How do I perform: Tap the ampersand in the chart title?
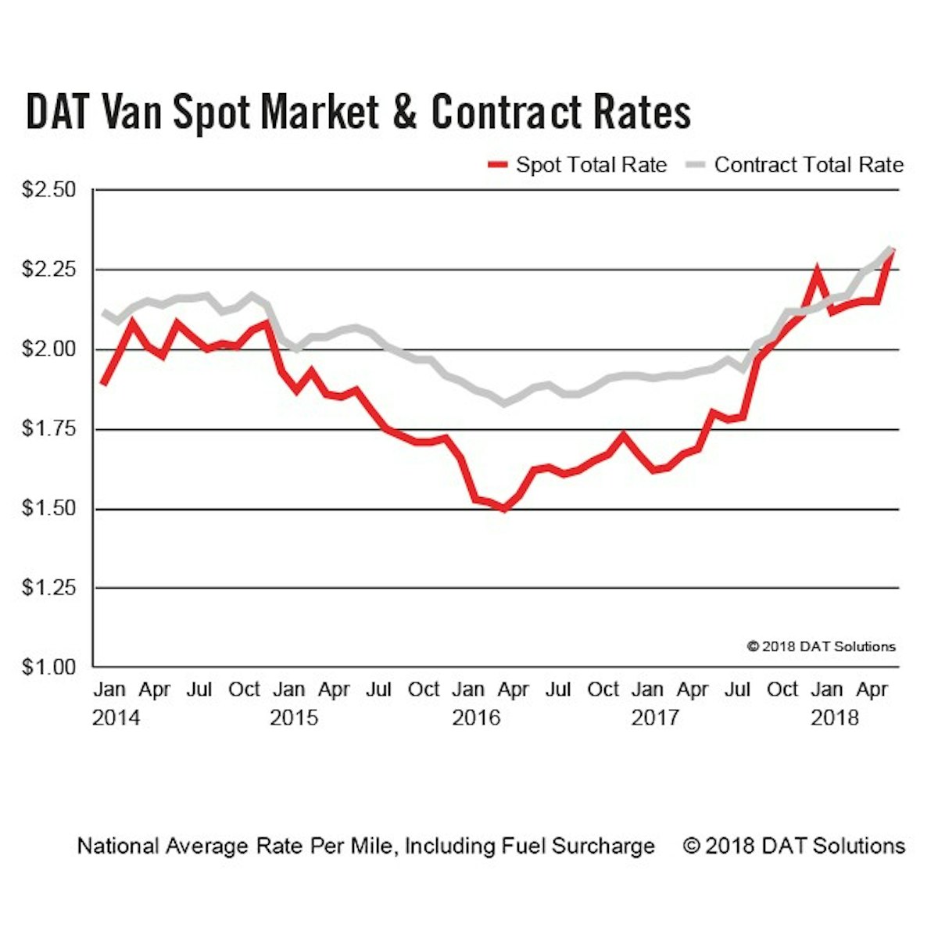pyautogui.click(x=404, y=112)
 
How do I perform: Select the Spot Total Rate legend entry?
pyautogui.click(x=578, y=165)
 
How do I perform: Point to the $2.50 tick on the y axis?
pyautogui.click(x=48, y=190)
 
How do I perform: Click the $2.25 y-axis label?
pyautogui.click(x=48, y=270)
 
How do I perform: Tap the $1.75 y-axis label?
pyautogui.click(x=48, y=429)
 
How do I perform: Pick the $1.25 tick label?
pyautogui.click(x=48, y=588)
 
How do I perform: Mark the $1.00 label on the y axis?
pyautogui.click(x=48, y=668)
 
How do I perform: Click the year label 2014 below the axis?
pyautogui.click(x=116, y=718)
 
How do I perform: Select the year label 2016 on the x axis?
pyautogui.click(x=475, y=718)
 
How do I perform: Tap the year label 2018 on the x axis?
pyautogui.click(x=834, y=718)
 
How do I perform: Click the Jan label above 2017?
pyautogui.click(x=647, y=690)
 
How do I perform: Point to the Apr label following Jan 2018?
pyautogui.click(x=872, y=690)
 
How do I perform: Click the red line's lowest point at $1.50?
pyautogui.click(x=504, y=508)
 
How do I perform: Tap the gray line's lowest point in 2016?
pyautogui.click(x=504, y=403)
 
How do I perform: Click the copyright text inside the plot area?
pyautogui.click(x=821, y=646)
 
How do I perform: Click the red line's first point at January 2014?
pyautogui.click(x=103, y=383)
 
